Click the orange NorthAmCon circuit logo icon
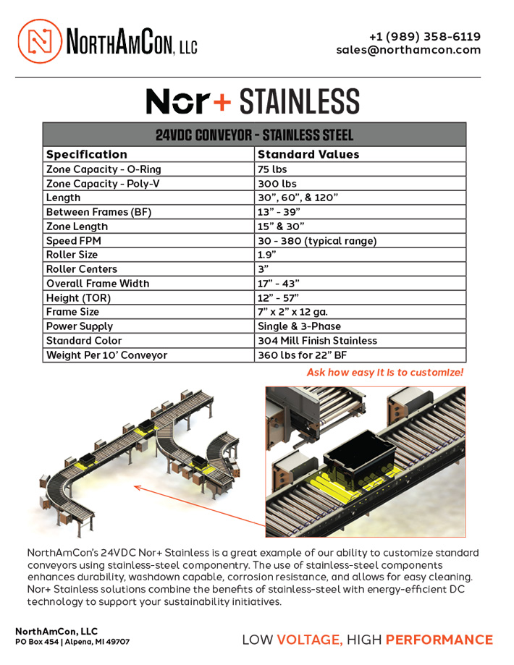pyautogui.click(x=38, y=41)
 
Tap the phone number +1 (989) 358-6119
pyautogui.click(x=424, y=36)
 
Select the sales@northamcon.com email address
pyautogui.click(x=408, y=50)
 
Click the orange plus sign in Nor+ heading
pyautogui.click(x=222, y=102)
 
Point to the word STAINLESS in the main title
pyautogui.click(x=299, y=102)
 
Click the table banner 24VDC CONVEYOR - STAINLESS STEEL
pyautogui.click(x=254, y=135)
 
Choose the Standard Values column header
pyautogui.click(x=308, y=154)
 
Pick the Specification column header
pyautogui.click(x=86, y=154)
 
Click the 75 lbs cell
pyautogui.click(x=272, y=169)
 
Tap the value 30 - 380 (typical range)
pyautogui.click(x=317, y=241)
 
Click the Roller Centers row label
pyautogui.click(x=81, y=269)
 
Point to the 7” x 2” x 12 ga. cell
pyautogui.click(x=292, y=312)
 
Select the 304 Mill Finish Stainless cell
pyautogui.click(x=317, y=340)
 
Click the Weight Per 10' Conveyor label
pyautogui.click(x=106, y=355)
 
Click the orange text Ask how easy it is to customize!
pyautogui.click(x=384, y=372)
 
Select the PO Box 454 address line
pyautogui.click(x=72, y=642)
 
